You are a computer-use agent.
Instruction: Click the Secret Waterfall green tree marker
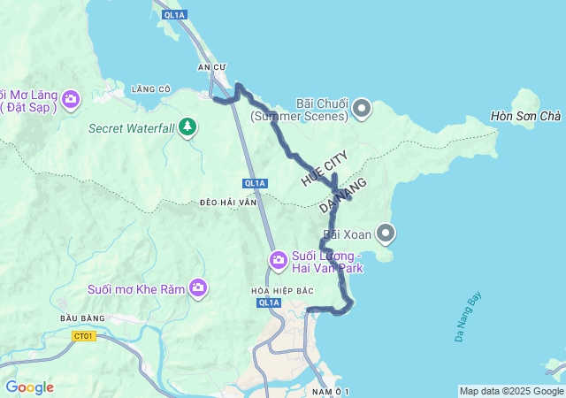[187, 128]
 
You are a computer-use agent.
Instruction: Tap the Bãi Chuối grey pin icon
[362, 110]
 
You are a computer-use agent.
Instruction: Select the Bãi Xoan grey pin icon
[386, 233]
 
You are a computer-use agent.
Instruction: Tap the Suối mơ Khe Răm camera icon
[199, 287]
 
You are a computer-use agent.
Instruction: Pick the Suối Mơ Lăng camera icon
[72, 100]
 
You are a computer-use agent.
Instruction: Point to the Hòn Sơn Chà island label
[526, 117]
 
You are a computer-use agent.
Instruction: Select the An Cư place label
[212, 67]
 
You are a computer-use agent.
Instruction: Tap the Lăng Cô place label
[150, 88]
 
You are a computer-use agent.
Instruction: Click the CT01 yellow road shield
[85, 335]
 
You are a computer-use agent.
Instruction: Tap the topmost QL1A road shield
[174, 15]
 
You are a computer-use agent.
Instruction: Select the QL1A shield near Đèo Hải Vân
[255, 183]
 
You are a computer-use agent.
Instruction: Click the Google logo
[29, 387]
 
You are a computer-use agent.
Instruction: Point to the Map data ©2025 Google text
[511, 391]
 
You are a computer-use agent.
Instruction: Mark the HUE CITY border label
[325, 168]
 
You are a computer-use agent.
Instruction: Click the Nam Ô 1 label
[332, 391]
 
